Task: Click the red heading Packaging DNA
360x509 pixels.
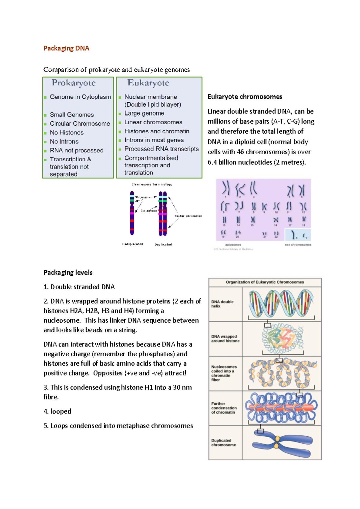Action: click(x=66, y=48)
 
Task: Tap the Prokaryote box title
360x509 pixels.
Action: click(x=74, y=83)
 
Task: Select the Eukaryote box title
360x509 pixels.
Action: click(x=148, y=83)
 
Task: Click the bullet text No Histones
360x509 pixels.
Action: click(x=67, y=133)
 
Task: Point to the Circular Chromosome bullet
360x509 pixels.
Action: click(x=80, y=124)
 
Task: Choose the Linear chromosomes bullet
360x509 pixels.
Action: click(x=153, y=122)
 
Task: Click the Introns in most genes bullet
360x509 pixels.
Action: click(x=154, y=140)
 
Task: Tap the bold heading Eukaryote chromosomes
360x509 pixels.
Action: click(x=245, y=97)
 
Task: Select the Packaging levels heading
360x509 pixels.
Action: click(x=68, y=273)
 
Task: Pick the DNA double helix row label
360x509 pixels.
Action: click(x=222, y=304)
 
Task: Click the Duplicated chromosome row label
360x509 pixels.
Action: click(x=223, y=443)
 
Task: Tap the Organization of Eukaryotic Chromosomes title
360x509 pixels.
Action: click(x=265, y=282)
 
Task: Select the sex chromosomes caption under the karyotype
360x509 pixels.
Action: click(x=298, y=245)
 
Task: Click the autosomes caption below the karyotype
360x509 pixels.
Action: click(x=233, y=245)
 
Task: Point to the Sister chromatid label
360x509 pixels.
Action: click(x=188, y=216)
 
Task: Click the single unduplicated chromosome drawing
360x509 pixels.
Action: click(x=132, y=213)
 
